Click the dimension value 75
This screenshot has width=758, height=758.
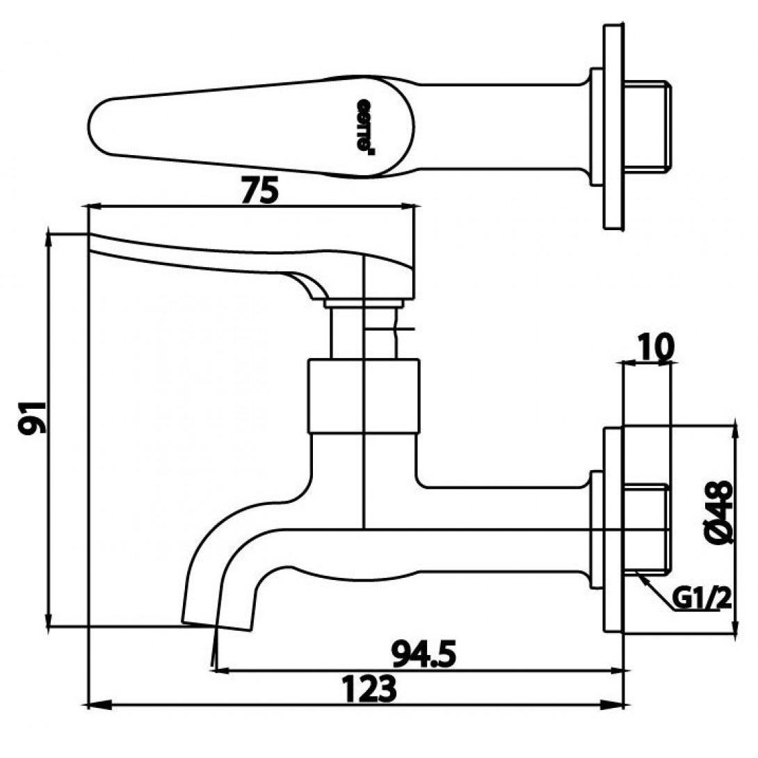tap(259, 191)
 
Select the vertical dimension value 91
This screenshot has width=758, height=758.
tap(32, 417)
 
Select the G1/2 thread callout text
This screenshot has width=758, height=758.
tap(702, 597)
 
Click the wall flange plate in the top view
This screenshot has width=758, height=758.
tap(613, 127)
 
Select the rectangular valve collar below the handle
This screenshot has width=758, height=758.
tap(363, 395)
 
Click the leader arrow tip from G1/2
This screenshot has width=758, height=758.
tap(639, 574)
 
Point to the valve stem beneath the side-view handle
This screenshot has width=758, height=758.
tap(348, 332)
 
